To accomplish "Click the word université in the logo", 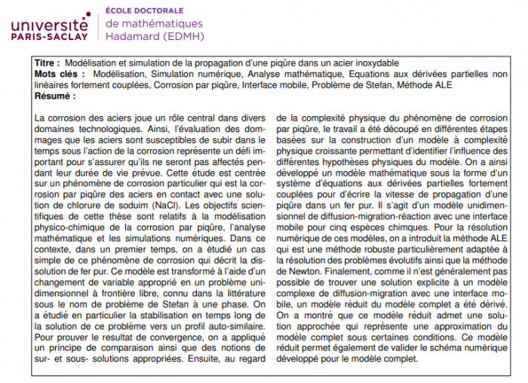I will (49, 22).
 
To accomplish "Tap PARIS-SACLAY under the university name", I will (50, 35).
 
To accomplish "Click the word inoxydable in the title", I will (372, 63).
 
